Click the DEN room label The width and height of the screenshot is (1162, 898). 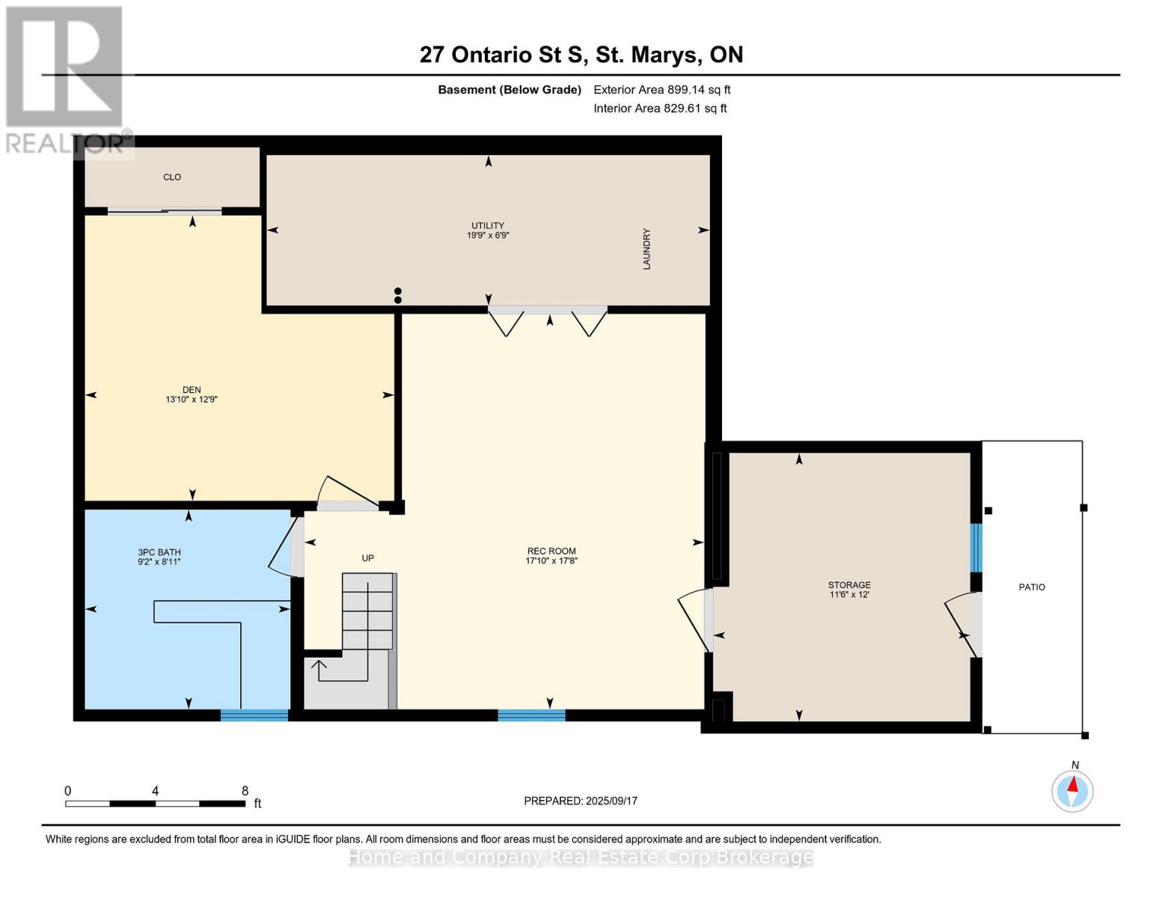click(x=192, y=390)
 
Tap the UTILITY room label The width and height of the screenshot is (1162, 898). click(x=487, y=226)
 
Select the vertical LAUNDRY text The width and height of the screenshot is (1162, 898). click(x=646, y=249)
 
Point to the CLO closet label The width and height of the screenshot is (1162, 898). click(x=171, y=177)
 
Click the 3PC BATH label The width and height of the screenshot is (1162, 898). click(x=159, y=552)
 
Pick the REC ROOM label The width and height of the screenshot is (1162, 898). click(x=551, y=552)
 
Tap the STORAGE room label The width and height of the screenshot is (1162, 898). click(x=849, y=585)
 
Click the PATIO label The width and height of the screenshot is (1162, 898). click(x=1032, y=587)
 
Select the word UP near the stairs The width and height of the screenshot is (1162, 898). click(x=367, y=558)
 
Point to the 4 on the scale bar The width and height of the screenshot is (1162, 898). click(x=155, y=791)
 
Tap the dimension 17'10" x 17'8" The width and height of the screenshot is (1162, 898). click(x=551, y=561)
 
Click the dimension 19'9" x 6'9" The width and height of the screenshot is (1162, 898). click(x=487, y=235)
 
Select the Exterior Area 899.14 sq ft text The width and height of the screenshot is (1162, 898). click(x=661, y=90)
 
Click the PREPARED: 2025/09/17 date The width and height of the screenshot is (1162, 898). click(x=580, y=801)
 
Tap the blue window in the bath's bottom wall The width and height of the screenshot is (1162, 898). click(x=254, y=715)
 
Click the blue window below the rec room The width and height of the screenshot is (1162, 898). click(x=531, y=715)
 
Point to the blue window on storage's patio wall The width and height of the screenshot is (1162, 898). click(x=976, y=548)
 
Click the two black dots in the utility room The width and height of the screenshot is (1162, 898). click(x=397, y=296)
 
